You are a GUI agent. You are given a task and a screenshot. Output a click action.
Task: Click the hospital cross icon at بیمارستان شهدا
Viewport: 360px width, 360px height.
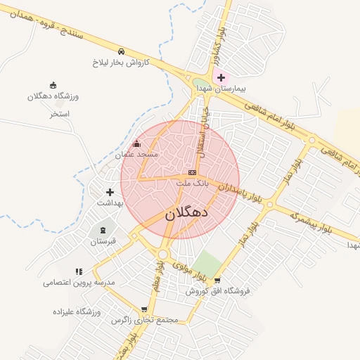221,77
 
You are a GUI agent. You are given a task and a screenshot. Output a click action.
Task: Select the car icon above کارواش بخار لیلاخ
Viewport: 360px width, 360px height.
122,52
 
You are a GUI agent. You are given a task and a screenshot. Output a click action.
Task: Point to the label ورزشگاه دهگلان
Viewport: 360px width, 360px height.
54,96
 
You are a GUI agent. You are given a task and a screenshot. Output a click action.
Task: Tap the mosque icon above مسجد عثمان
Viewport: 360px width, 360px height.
136,144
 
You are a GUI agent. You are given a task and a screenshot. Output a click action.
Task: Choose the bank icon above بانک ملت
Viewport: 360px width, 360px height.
192,172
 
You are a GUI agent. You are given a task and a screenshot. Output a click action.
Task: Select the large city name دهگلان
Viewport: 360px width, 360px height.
189,214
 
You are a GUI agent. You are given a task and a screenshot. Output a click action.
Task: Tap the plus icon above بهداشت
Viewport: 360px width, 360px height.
109,191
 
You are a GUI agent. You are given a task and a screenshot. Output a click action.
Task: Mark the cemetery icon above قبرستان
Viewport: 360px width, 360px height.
103,230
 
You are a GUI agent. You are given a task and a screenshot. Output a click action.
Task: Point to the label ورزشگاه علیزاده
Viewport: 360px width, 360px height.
77,311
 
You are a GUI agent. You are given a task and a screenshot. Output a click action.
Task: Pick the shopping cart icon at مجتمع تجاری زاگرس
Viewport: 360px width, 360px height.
144,309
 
